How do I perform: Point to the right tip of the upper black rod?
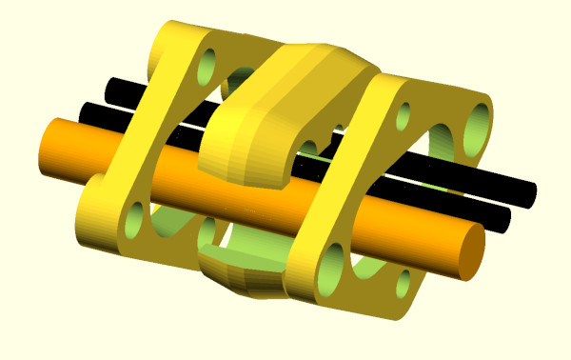click(529, 194)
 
